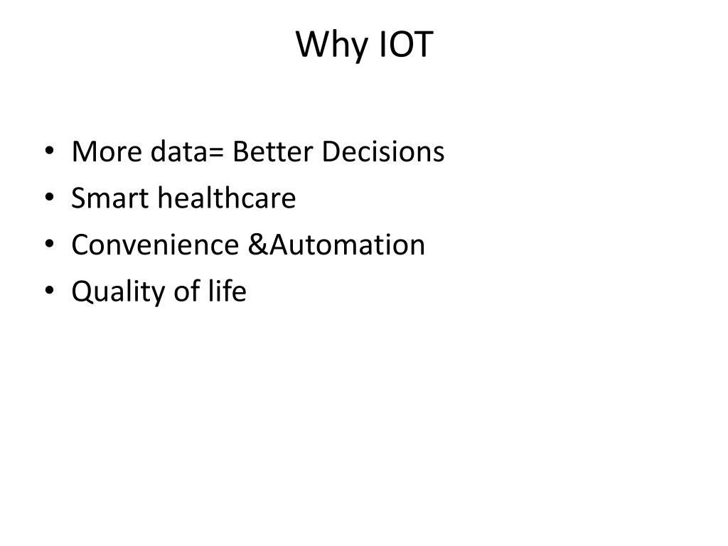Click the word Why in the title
(x=332, y=45)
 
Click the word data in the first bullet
(x=178, y=151)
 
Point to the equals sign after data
(x=216, y=153)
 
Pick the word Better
(x=273, y=152)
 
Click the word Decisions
(x=383, y=151)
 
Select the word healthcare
(x=227, y=198)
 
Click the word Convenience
(x=155, y=245)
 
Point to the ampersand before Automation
(x=258, y=245)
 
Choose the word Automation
(x=347, y=245)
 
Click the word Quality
(x=117, y=292)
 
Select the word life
(x=227, y=291)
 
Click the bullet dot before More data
(x=49, y=151)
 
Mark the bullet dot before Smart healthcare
(x=49, y=198)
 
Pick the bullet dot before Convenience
(x=49, y=245)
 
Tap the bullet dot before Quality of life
(x=49, y=291)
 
